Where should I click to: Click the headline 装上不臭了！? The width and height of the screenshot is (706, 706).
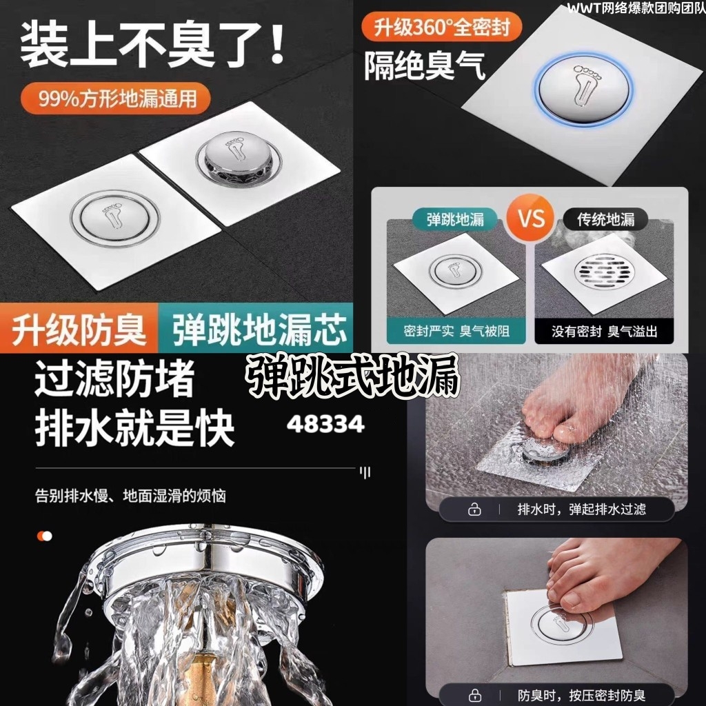152,45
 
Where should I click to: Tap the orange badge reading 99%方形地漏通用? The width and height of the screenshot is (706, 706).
116,98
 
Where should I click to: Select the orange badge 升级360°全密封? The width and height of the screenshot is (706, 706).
442,28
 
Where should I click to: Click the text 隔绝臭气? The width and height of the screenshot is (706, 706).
425,66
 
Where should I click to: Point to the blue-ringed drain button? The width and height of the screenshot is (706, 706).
583,88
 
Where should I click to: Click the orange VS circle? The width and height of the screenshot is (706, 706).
531,219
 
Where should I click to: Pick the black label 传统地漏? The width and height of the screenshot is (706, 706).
605,219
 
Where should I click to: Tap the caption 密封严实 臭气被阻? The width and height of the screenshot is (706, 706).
456,331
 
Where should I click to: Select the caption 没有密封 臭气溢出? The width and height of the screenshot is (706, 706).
604,332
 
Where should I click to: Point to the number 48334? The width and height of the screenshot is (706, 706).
325,424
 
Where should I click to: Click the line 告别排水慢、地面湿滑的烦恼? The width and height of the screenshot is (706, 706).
130,496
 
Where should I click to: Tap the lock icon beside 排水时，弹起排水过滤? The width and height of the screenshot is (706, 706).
474,510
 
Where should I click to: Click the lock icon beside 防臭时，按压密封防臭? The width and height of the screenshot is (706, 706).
474,696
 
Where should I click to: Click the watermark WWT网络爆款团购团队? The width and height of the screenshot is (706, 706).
636,8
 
